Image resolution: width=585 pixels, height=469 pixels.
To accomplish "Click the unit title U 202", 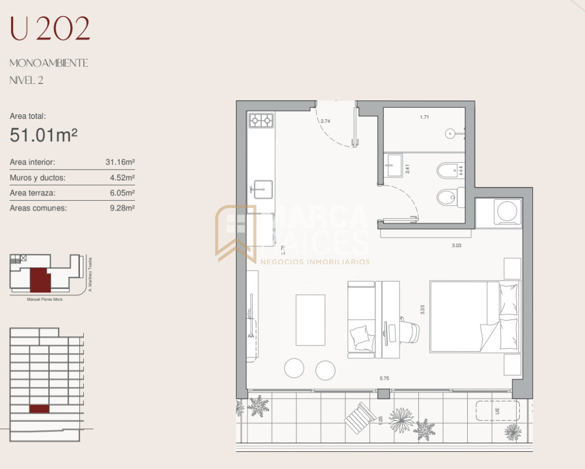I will pyautogui.click(x=50, y=29).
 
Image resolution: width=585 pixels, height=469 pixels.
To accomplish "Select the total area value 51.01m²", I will pyautogui.click(x=44, y=135).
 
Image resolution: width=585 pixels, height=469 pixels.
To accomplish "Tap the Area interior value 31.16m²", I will pyautogui.click(x=120, y=162).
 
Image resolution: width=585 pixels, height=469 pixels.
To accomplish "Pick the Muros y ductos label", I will pyautogui.click(x=38, y=178).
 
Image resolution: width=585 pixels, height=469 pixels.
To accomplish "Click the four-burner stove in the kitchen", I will pyautogui.click(x=261, y=121).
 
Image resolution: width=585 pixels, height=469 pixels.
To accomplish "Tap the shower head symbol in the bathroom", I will pyautogui.click(x=451, y=134).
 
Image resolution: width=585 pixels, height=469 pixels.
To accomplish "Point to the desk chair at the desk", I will pyautogui.click(x=409, y=332).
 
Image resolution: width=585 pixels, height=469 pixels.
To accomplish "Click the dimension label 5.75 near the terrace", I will pyautogui.click(x=384, y=378).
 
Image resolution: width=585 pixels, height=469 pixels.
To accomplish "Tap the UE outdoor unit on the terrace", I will pyautogui.click(x=497, y=411).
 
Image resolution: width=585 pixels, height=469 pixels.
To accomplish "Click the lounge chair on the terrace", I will pyautogui.click(x=360, y=417).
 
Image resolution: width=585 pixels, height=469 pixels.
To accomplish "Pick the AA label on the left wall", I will pyautogui.click(x=251, y=336).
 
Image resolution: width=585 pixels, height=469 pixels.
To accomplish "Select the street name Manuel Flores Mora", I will pyautogui.click(x=44, y=299).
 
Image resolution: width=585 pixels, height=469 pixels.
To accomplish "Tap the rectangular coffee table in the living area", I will pyautogui.click(x=310, y=320).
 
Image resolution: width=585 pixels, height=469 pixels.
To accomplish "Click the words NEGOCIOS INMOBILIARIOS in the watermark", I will pyautogui.click(x=315, y=262).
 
